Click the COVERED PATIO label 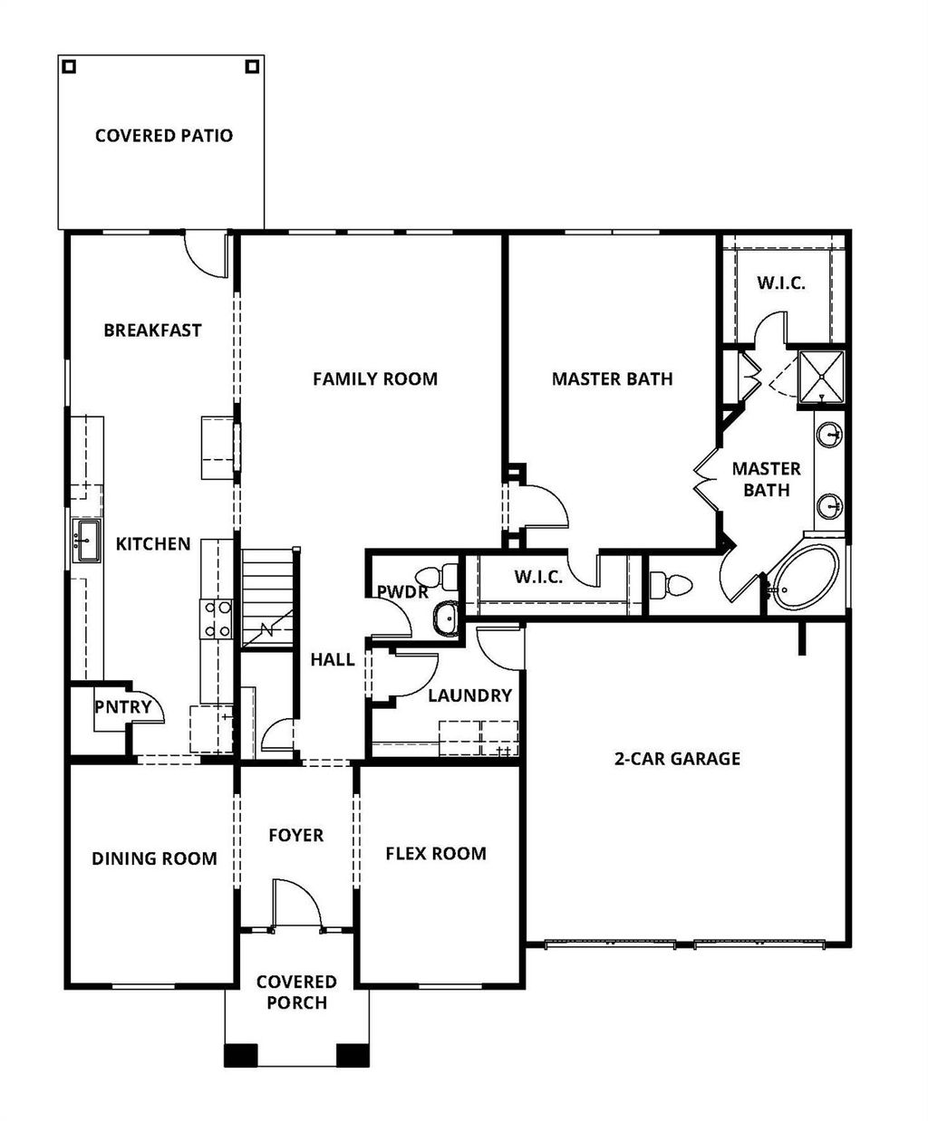(x=164, y=136)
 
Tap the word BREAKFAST (x=152, y=331)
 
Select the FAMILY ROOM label (x=375, y=378)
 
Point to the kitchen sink (x=87, y=541)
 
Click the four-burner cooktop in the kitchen (x=217, y=619)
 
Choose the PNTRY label (x=123, y=707)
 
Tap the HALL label (x=333, y=660)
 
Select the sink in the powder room (x=444, y=618)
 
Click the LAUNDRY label (x=469, y=695)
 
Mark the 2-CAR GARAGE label (x=677, y=759)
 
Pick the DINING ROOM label (x=154, y=858)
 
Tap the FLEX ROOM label (x=436, y=853)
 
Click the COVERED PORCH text (x=296, y=992)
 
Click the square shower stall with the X (x=819, y=376)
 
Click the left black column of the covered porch (x=241, y=1055)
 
